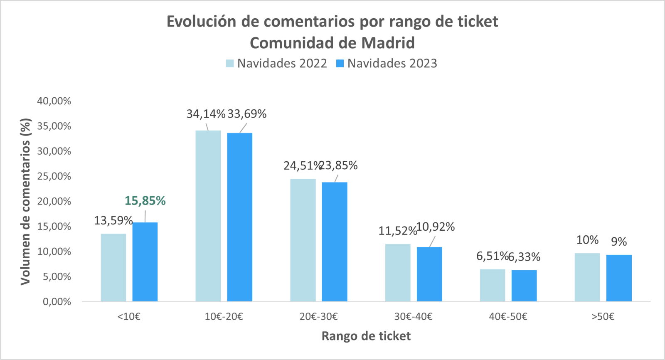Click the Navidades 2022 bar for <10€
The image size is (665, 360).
[x=113, y=268]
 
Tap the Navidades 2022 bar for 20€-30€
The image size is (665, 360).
[x=303, y=240]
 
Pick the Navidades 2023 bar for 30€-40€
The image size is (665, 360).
[x=429, y=274]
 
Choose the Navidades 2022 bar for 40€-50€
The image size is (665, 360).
[x=493, y=285]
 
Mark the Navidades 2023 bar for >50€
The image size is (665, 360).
[x=619, y=278]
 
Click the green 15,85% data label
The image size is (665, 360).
[x=145, y=201]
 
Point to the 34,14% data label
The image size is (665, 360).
[x=206, y=114]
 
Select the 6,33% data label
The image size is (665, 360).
[x=525, y=257]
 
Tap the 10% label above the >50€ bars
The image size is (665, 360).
[x=587, y=240]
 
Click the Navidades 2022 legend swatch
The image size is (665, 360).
[x=230, y=64]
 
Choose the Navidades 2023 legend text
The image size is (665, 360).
[x=392, y=64]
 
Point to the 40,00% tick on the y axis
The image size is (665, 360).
[x=54, y=101]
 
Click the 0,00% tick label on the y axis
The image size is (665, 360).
[x=57, y=302]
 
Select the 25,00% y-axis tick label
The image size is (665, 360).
[x=54, y=176]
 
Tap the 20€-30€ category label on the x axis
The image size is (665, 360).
[x=318, y=317]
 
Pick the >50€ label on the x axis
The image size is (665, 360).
[x=603, y=317]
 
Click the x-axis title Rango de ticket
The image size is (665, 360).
[x=366, y=336]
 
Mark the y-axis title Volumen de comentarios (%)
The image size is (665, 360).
[x=26, y=202]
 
